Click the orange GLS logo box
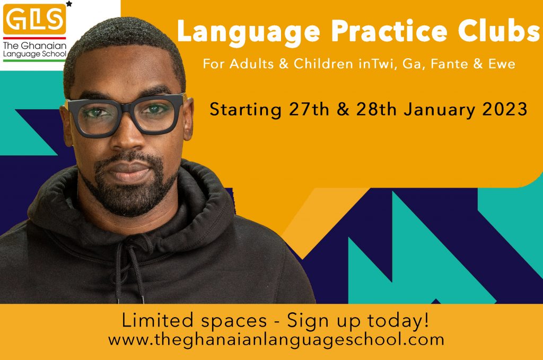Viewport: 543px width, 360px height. (x=34, y=19)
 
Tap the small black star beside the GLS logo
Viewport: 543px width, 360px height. (x=69, y=4)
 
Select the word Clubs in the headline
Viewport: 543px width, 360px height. (x=499, y=30)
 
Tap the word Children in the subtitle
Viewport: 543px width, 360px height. (x=323, y=64)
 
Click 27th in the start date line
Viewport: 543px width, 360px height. (x=309, y=109)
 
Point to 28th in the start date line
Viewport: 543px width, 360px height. (x=376, y=109)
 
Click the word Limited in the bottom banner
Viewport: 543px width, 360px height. (x=157, y=320)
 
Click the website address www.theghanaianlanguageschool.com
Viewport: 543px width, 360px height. (x=276, y=339)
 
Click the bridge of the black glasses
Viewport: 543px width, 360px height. (x=127, y=106)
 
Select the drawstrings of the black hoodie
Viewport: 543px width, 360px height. (x=130, y=270)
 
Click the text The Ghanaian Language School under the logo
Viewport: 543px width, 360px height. (x=34, y=49)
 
